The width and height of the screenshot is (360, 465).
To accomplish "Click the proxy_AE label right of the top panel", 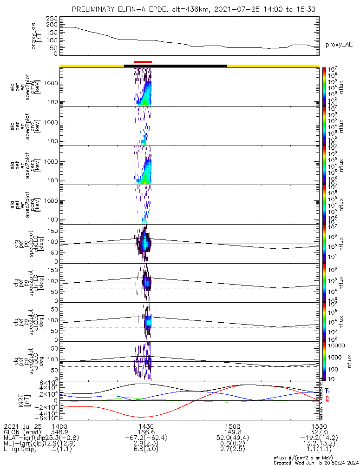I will coord(339,45).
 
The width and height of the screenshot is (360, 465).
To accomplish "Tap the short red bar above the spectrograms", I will coord(143,61).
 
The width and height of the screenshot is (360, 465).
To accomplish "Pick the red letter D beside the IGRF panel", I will coord(327,399).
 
